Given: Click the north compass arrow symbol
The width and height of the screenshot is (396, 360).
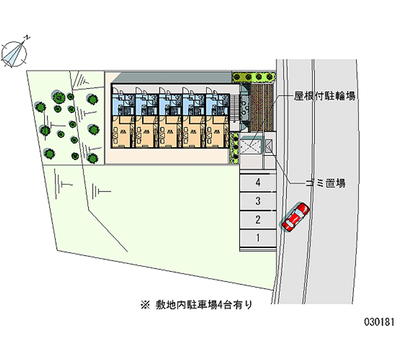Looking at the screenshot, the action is (x=16, y=51).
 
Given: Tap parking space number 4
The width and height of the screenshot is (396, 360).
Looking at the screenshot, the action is (x=258, y=182).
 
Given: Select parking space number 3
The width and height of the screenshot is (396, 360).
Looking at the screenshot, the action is (x=258, y=201).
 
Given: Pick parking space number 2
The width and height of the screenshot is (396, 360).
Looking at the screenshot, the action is (x=258, y=219).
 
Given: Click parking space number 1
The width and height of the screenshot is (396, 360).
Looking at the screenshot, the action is (x=258, y=238).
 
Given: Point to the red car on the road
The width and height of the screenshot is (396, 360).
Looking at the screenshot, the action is (x=296, y=216).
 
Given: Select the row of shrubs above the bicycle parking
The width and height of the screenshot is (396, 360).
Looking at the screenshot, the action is (x=253, y=77).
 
